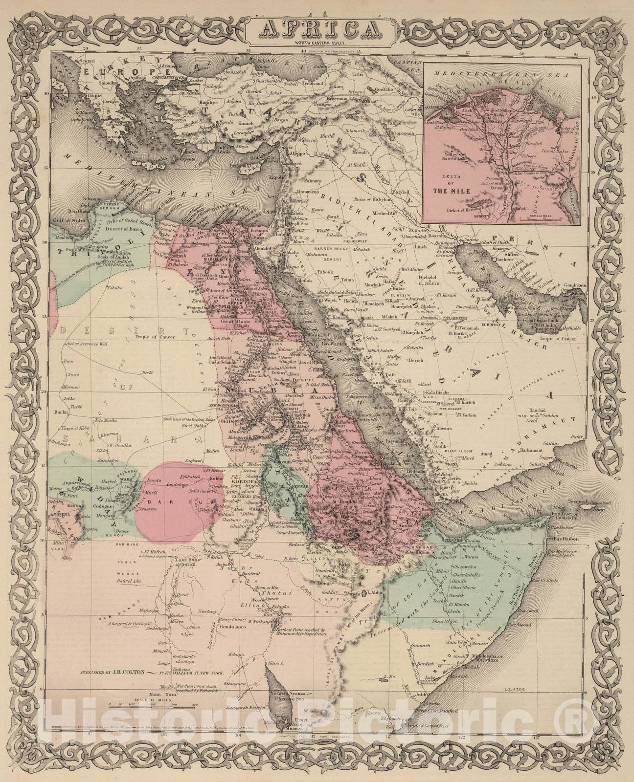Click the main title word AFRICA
coord(317,30)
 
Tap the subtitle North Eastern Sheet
coord(317,44)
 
